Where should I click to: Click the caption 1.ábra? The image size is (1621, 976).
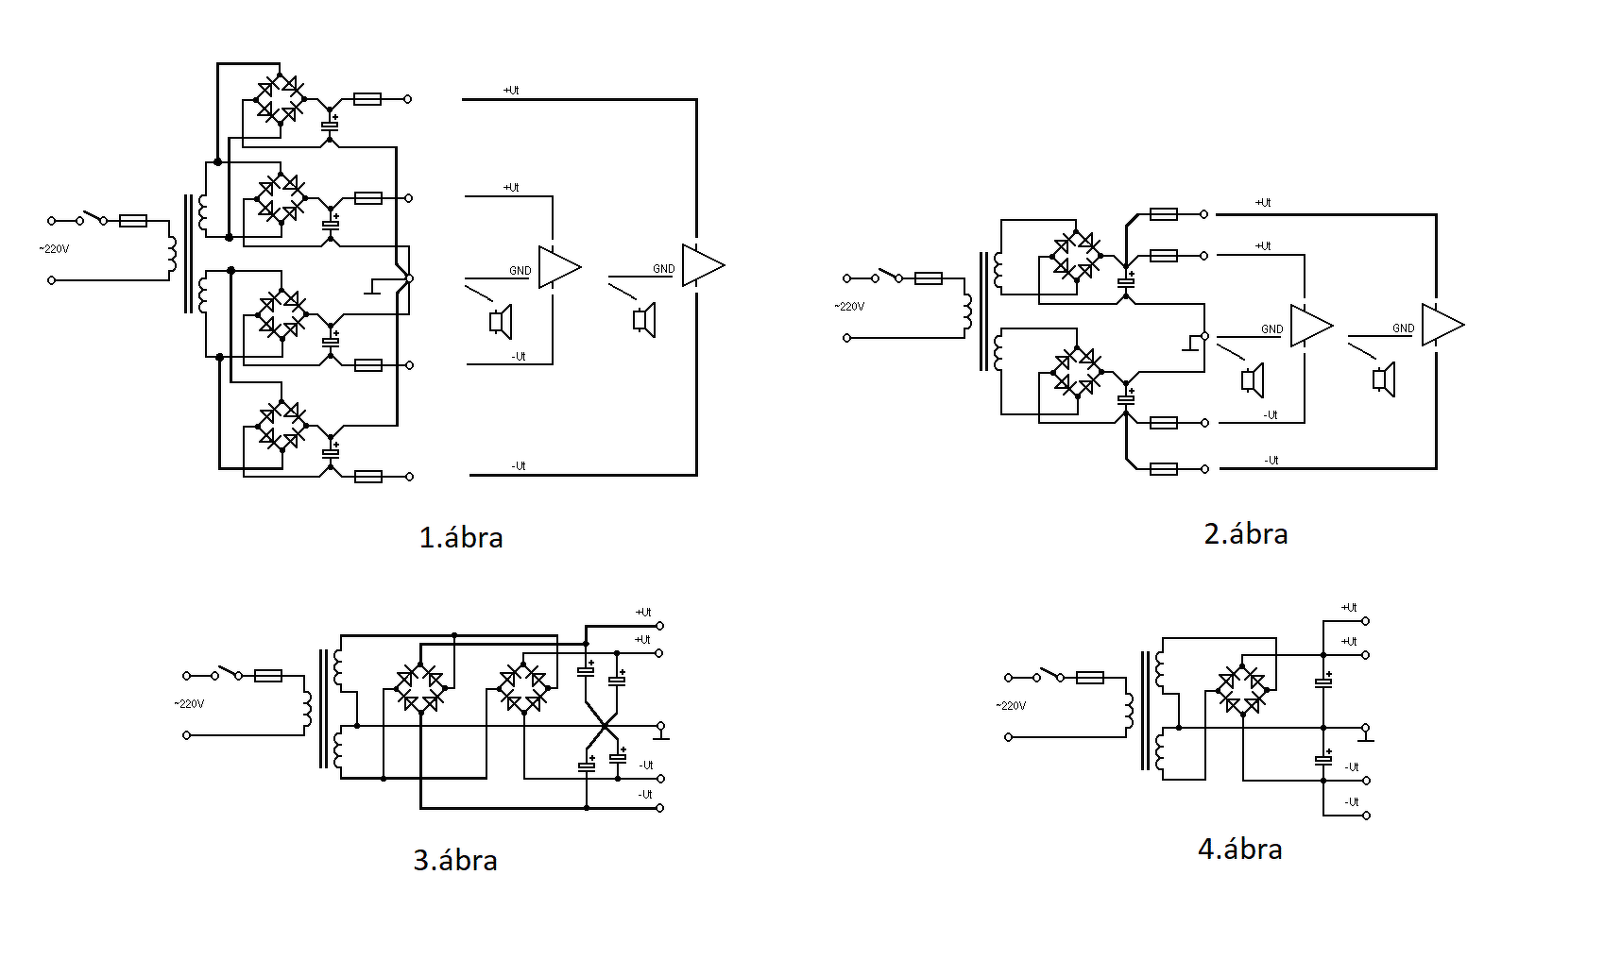(461, 537)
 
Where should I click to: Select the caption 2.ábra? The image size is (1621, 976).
(1246, 533)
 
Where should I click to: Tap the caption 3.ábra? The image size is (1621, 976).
(455, 860)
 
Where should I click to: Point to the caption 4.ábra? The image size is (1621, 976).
(1240, 849)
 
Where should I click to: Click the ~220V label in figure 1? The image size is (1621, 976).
(55, 249)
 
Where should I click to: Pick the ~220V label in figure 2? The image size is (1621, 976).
(849, 307)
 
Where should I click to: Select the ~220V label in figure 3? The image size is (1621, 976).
(189, 704)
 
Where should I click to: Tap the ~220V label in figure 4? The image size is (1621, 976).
(1011, 706)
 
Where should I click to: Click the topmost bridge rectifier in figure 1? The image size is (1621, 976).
(281, 99)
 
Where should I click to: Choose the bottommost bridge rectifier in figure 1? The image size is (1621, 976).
(282, 426)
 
